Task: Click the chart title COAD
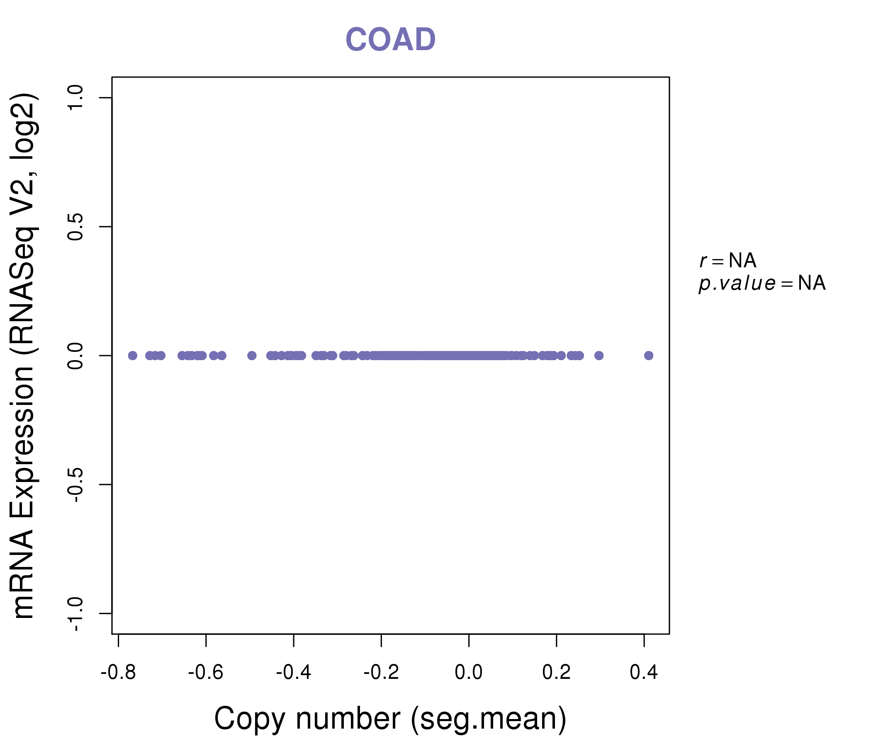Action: [390, 40]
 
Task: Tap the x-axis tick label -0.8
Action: [118, 673]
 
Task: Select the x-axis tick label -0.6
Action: [206, 673]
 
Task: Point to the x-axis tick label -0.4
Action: [293, 673]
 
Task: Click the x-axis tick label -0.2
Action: [381, 673]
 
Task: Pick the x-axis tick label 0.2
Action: [556, 673]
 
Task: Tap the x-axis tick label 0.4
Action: [644, 673]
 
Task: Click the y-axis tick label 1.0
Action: [76, 98]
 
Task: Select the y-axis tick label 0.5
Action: [76, 227]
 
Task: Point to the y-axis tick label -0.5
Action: [76, 484]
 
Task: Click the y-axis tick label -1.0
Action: [76, 613]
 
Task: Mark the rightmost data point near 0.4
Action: [649, 356]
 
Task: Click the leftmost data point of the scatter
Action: [132, 356]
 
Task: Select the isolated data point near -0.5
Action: [252, 356]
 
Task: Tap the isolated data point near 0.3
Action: [599, 356]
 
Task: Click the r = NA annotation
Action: [727, 261]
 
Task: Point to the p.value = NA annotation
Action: [762, 283]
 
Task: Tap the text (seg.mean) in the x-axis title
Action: [488, 719]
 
